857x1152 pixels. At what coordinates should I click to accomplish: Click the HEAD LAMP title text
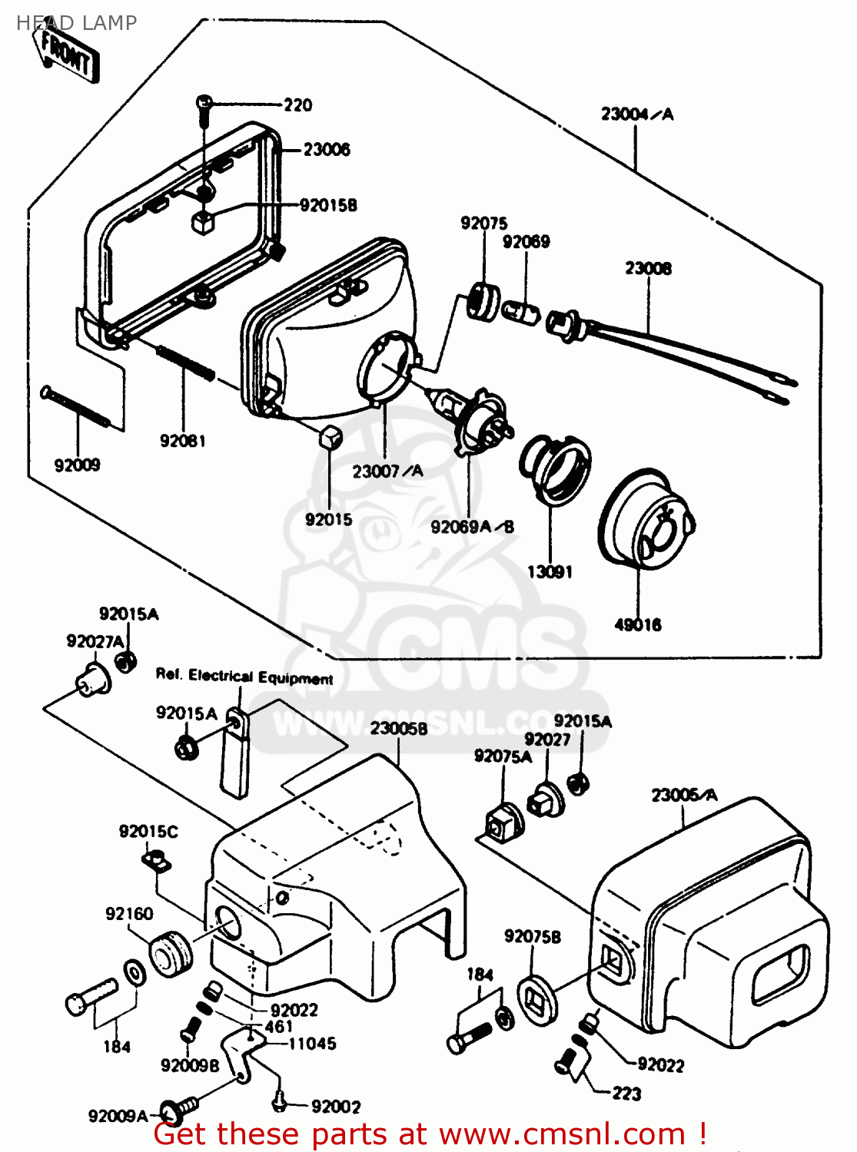click(x=76, y=23)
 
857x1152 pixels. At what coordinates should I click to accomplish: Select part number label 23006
click(x=326, y=150)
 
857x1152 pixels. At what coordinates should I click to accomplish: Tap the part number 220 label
click(x=298, y=105)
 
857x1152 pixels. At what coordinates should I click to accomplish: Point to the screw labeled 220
click(x=204, y=107)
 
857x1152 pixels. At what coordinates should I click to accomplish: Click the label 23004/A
click(x=636, y=114)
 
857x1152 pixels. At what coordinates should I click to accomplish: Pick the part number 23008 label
click(x=648, y=269)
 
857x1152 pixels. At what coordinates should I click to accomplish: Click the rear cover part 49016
click(x=646, y=518)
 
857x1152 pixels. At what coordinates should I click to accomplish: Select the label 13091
click(x=550, y=572)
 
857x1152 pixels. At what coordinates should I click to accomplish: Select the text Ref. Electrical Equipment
click(x=244, y=677)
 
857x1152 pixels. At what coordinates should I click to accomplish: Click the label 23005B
click(x=399, y=728)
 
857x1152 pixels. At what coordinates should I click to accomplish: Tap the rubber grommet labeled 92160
click(x=170, y=954)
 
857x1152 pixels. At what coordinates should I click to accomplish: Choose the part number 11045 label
click(x=312, y=1044)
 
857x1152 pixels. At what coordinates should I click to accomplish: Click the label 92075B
click(x=532, y=937)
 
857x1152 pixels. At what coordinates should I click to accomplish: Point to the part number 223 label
click(x=626, y=1094)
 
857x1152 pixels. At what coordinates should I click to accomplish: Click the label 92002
click(x=336, y=1107)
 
